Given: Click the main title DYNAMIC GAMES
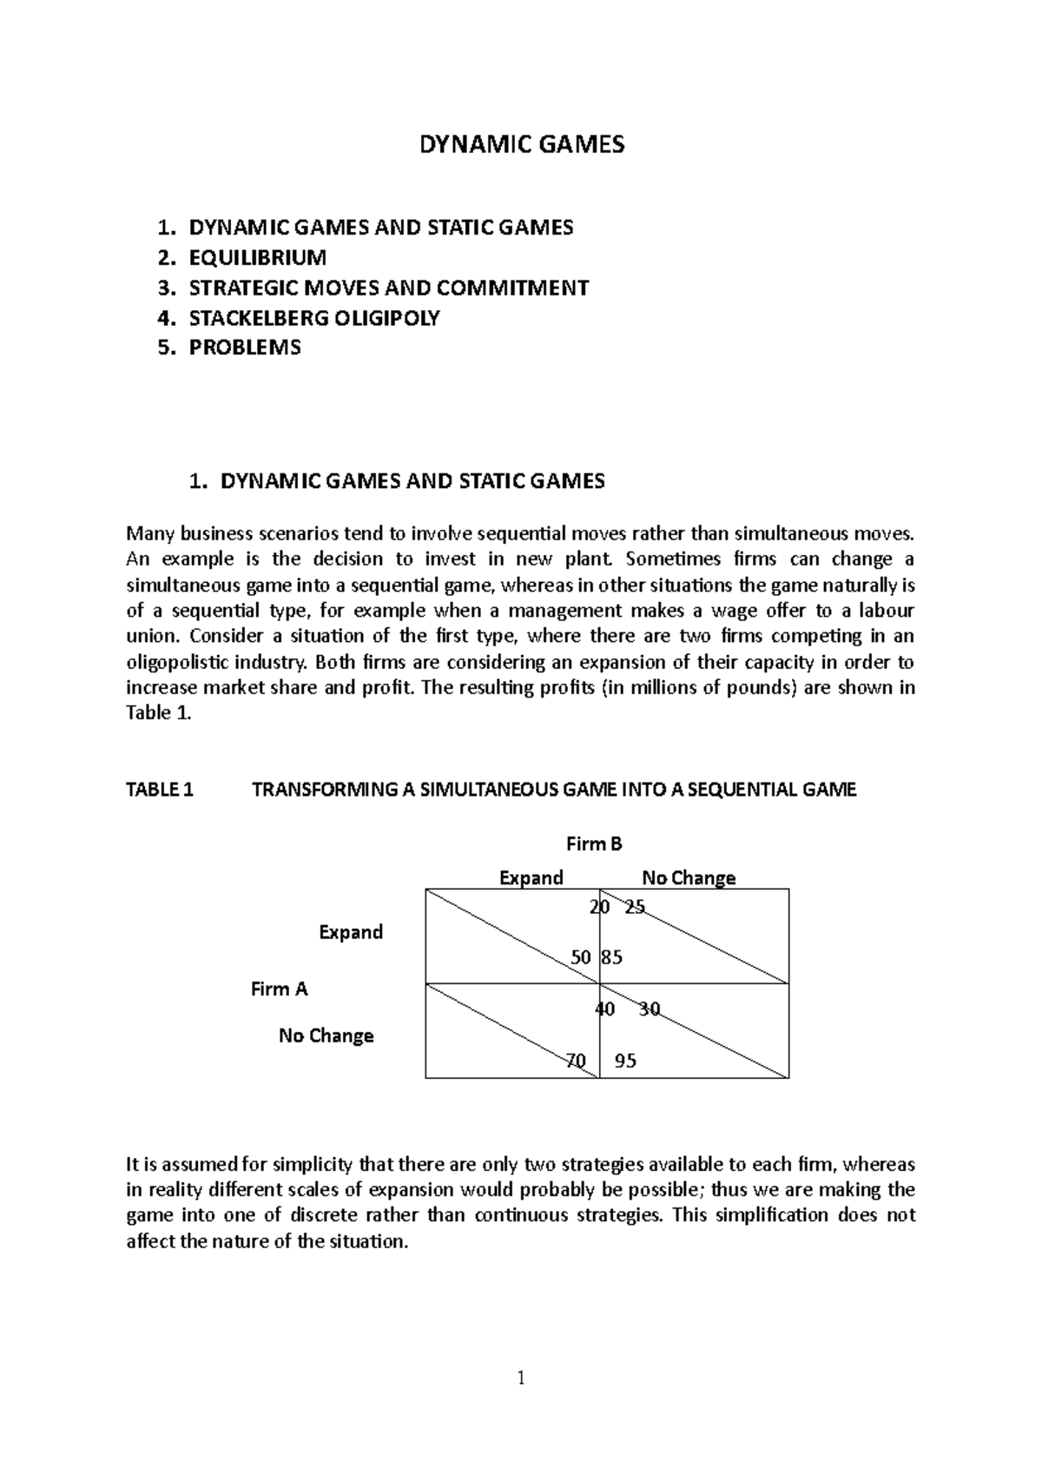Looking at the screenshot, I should tap(522, 144).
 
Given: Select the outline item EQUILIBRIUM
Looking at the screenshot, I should tap(257, 257).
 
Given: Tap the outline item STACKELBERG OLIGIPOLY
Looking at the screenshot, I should tap(313, 318).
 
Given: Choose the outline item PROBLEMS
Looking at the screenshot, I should tap(244, 347).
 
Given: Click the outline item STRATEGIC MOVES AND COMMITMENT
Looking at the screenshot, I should tap(388, 288).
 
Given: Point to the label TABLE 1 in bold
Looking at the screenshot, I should tap(160, 790).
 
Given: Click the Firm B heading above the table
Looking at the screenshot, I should tap(594, 843).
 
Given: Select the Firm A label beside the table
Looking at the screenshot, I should tap(279, 989).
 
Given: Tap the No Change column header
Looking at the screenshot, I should tap(688, 877).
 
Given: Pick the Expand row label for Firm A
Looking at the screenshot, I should tap(351, 932).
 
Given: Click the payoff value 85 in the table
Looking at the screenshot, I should tap(612, 957).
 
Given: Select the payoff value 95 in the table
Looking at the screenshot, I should tap(625, 1061).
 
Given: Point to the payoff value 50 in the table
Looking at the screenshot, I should tap(581, 957).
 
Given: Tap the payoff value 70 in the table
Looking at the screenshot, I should tap(575, 1061).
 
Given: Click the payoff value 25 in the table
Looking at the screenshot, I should tap(635, 907).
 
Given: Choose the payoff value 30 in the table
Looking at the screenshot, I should tap(650, 1009).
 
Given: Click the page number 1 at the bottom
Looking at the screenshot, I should tap(521, 1378).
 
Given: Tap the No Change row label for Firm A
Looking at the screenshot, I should tap(326, 1035).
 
